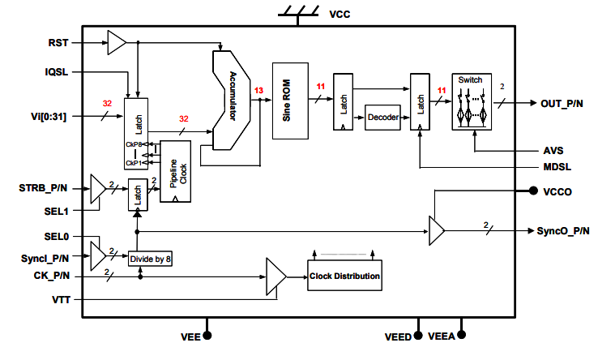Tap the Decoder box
coord(383,117)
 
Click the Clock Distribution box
coord(344,276)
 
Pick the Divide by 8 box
coord(151,259)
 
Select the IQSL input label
coord(57,72)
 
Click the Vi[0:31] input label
coord(47,117)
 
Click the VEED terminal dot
coord(419,334)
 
